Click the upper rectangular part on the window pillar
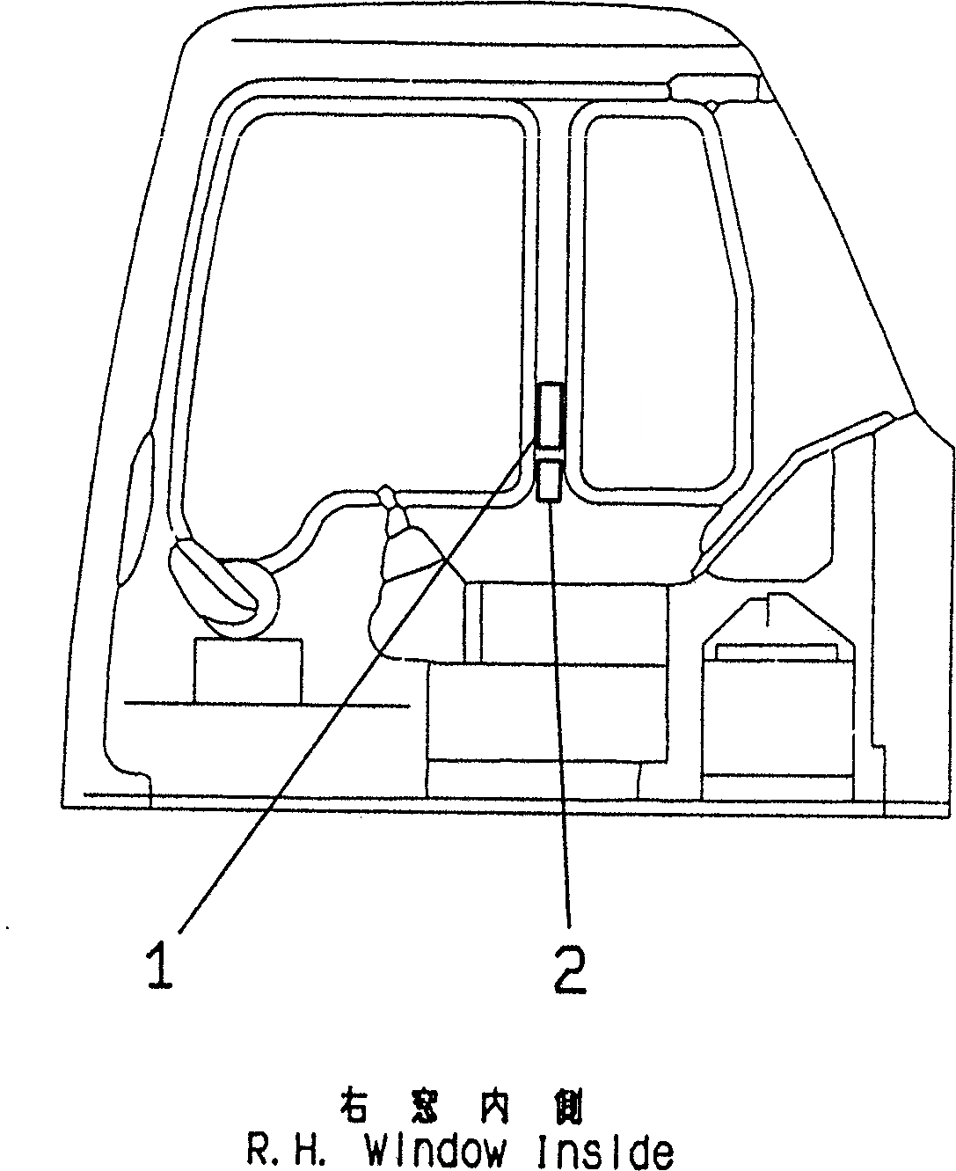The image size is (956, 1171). point(550,414)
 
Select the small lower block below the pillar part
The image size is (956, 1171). point(549,480)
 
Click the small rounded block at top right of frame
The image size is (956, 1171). point(714,87)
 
